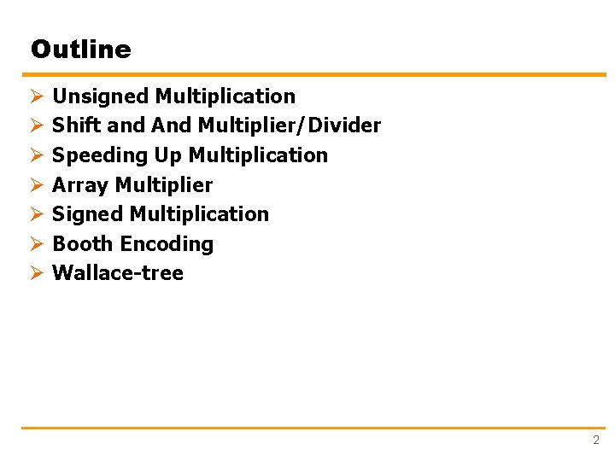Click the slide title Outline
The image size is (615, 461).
coord(80,50)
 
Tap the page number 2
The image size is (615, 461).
coord(596,441)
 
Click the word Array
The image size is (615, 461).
coord(80,185)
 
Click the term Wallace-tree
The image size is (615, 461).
coord(118,273)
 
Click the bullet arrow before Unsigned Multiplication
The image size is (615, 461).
coord(36,96)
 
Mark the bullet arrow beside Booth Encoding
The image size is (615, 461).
coord(36,244)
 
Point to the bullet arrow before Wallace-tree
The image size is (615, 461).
coord(36,273)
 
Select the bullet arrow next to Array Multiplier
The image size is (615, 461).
coord(36,185)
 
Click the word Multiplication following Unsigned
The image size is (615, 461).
coord(225,96)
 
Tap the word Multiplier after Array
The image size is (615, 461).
coord(163,185)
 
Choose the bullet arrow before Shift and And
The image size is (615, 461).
coord(36,125)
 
